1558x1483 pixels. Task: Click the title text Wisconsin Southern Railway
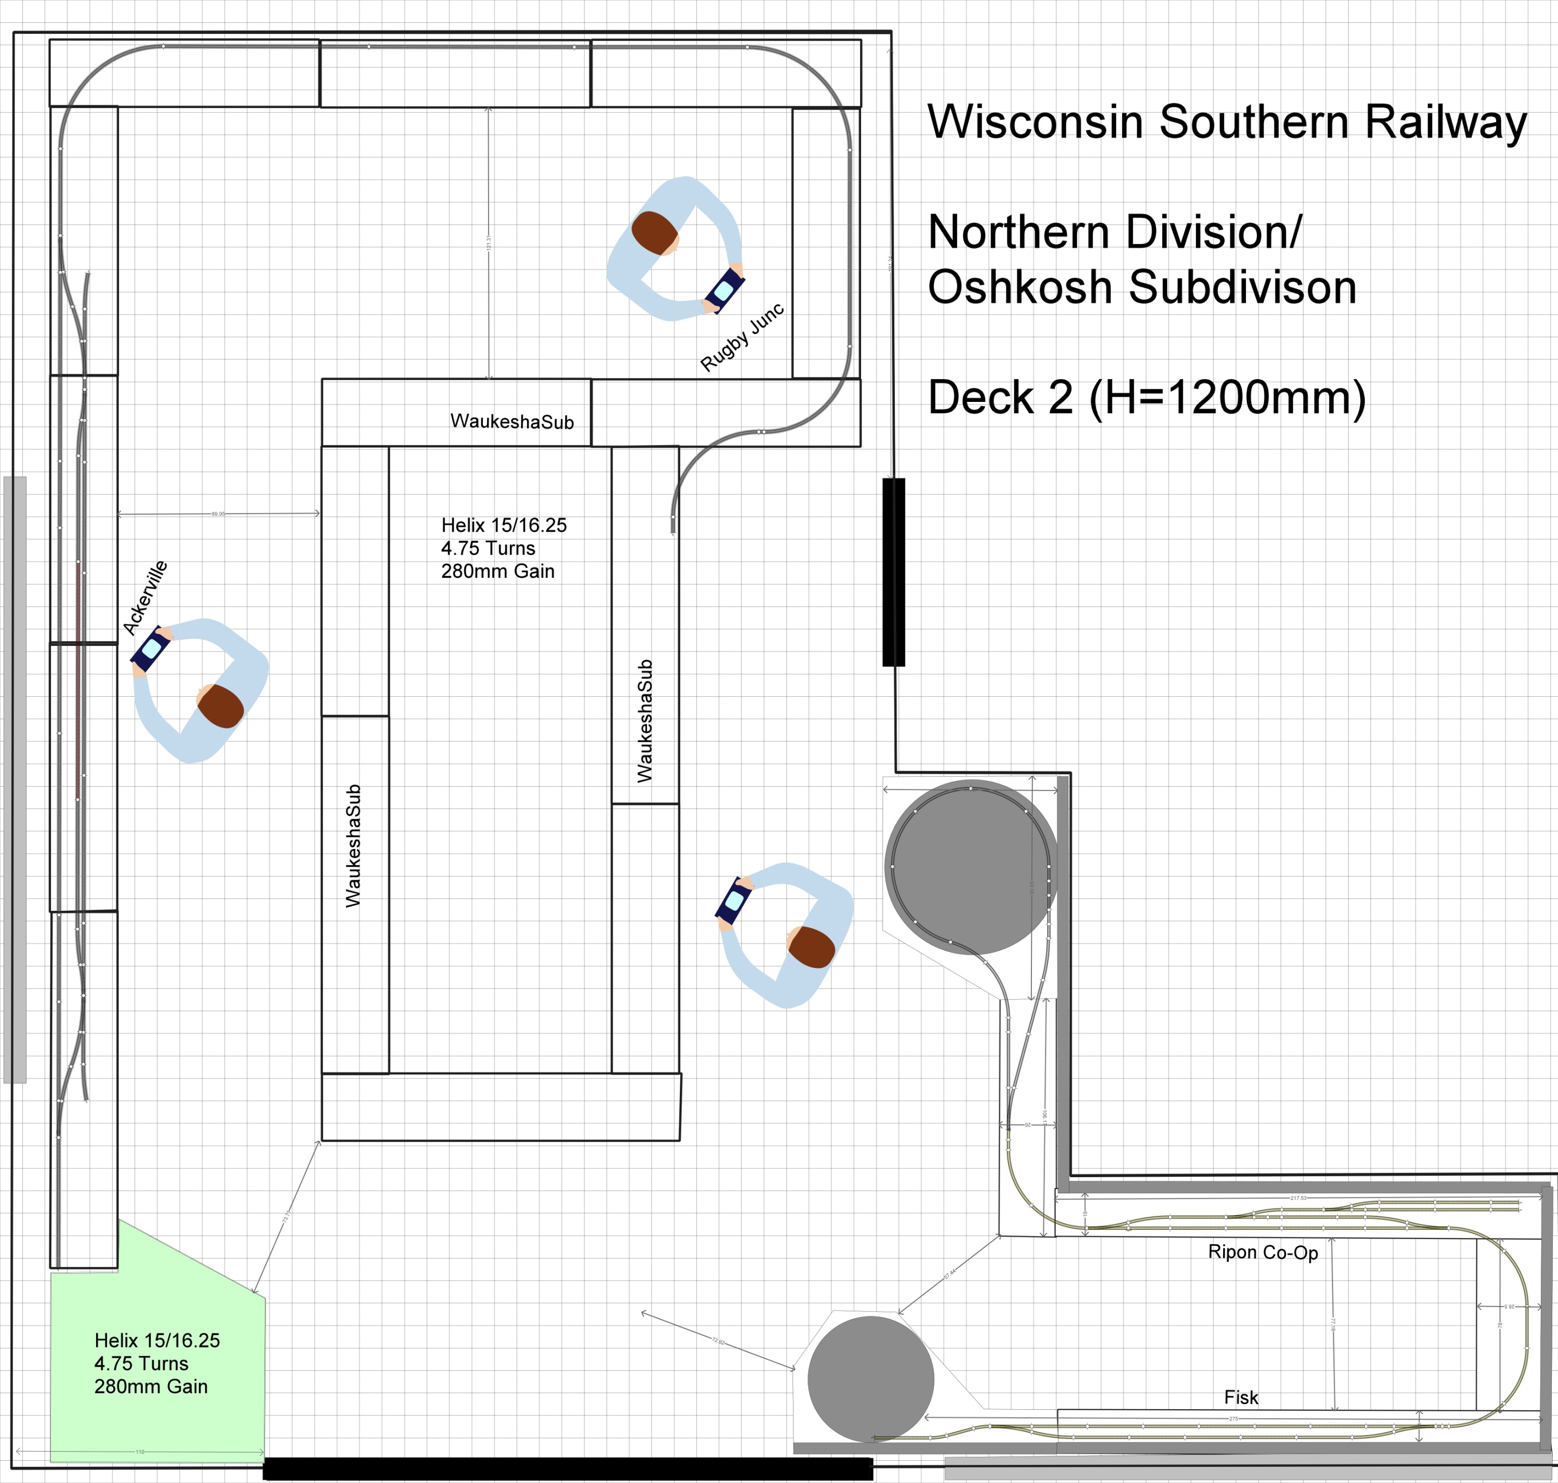click(1226, 123)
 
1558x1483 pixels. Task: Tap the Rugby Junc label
click(742, 337)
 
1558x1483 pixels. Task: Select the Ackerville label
click(145, 598)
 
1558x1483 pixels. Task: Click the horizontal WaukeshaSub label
click(512, 421)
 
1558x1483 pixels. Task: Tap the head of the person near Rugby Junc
click(655, 233)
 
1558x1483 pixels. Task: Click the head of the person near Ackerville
click(221, 706)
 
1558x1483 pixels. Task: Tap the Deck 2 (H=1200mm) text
click(1146, 398)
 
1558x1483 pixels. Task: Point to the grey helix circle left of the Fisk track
click(870, 1380)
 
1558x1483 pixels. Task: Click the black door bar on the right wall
click(893, 572)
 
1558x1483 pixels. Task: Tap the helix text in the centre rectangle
click(504, 548)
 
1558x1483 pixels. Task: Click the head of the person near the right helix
click(812, 947)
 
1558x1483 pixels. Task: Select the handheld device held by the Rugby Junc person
click(724, 291)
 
